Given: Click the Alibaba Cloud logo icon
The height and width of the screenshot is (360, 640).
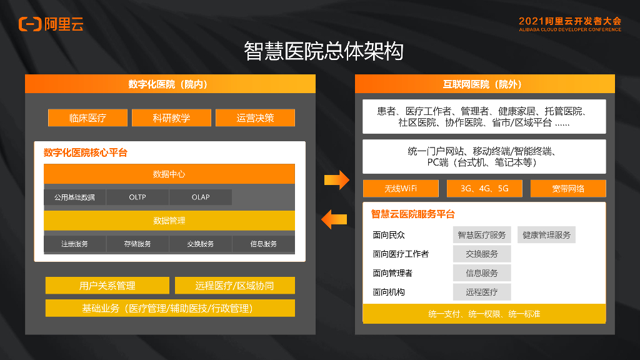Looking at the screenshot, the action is [x=30, y=24].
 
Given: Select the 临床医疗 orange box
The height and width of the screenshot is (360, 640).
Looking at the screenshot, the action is [x=87, y=117].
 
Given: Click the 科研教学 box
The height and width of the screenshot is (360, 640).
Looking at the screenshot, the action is [x=171, y=117].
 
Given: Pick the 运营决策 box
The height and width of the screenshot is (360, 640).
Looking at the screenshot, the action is [x=255, y=117].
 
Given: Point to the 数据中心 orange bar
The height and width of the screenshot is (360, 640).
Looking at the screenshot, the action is [x=169, y=174].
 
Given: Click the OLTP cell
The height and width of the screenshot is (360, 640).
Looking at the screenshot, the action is [x=137, y=197].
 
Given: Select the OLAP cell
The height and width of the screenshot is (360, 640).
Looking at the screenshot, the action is [x=201, y=197].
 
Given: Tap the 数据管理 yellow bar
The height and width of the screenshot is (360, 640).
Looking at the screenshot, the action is [x=169, y=220].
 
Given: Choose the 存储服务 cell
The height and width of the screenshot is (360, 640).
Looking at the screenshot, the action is [x=137, y=244].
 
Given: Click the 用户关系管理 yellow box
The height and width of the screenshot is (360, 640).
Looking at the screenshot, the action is [x=107, y=286].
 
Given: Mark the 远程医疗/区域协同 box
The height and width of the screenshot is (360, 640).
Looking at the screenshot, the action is [x=234, y=286].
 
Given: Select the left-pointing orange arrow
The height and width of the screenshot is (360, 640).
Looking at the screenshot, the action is [x=334, y=219].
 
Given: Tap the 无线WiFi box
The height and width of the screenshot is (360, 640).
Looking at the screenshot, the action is [x=401, y=188].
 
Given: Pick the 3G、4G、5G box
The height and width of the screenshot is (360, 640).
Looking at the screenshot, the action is [x=484, y=188].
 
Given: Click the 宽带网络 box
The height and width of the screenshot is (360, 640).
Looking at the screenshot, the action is [x=568, y=188].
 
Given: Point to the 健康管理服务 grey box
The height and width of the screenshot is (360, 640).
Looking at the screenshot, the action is [x=547, y=235].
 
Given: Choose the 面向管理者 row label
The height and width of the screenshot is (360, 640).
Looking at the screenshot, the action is [x=392, y=273].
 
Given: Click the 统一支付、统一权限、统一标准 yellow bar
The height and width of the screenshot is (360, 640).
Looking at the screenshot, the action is [x=484, y=314].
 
